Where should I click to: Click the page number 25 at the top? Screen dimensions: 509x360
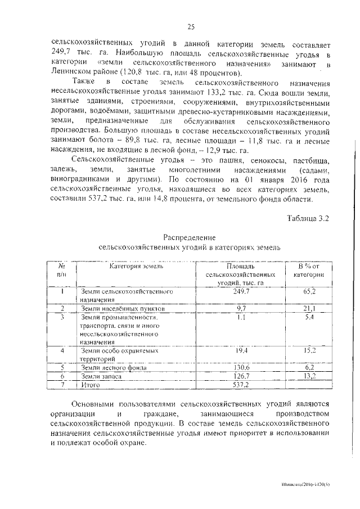coord(191,26)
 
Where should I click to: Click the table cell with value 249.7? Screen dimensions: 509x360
coord(241,291)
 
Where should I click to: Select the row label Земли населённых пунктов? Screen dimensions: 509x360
coord(123,309)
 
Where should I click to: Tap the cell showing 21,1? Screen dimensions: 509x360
coord(309,309)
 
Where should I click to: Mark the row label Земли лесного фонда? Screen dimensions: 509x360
coord(115,367)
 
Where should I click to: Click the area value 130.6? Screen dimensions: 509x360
coord(241,367)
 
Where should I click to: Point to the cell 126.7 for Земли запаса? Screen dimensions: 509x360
coord(241,376)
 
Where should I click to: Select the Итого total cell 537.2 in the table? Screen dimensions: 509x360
coord(241,385)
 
